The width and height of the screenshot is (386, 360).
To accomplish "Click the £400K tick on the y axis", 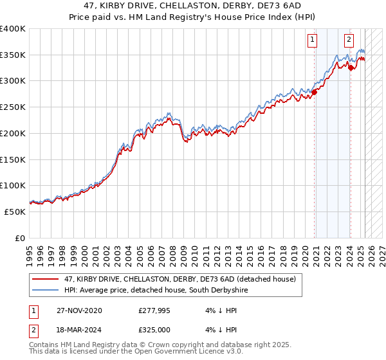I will point(13,29).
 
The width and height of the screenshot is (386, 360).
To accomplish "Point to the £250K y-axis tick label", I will point(13,107).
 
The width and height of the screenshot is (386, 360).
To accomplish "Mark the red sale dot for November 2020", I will point(314,92).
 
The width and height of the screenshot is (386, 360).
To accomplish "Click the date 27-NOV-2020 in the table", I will point(75,310).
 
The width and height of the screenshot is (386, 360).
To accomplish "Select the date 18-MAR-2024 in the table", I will point(75,329).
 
